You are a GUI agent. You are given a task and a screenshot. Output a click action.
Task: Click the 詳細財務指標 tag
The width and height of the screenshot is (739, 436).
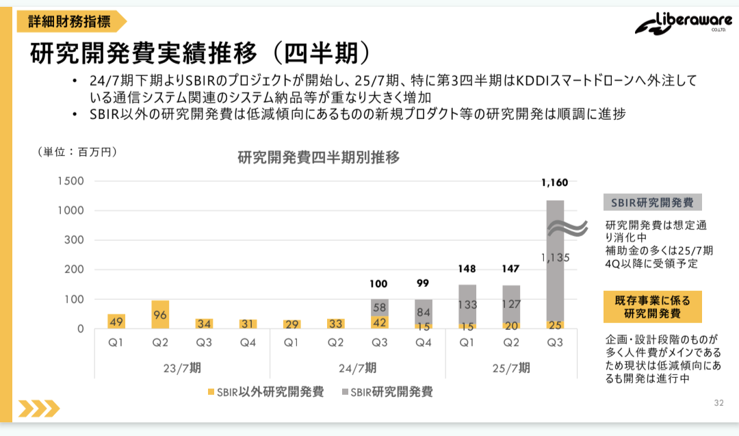(x=69, y=21)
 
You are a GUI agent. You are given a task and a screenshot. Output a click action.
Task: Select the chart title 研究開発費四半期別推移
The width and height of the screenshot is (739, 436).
(x=318, y=157)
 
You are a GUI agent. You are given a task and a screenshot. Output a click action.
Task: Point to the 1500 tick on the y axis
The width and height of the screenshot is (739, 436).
(x=71, y=181)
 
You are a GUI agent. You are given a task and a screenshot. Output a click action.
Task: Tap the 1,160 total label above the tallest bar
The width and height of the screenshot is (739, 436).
(x=554, y=183)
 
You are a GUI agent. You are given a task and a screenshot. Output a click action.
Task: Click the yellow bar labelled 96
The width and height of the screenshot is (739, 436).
(x=160, y=315)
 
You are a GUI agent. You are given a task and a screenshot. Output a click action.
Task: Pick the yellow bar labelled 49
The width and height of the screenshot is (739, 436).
(x=116, y=321)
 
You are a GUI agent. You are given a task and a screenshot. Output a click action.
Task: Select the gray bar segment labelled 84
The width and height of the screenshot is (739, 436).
(x=424, y=311)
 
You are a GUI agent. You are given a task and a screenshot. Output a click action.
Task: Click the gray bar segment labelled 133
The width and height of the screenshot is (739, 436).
(x=467, y=304)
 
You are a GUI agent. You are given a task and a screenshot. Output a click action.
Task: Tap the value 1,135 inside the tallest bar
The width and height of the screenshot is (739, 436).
(x=554, y=258)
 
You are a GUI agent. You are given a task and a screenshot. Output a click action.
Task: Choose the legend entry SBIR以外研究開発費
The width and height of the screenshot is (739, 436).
(x=265, y=392)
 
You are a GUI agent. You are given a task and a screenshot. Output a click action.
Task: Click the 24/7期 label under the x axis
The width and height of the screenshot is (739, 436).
(x=357, y=368)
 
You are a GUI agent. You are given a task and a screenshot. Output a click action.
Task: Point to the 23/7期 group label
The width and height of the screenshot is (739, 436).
(x=182, y=368)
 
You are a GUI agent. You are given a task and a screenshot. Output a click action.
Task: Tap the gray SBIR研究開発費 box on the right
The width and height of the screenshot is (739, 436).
(x=652, y=203)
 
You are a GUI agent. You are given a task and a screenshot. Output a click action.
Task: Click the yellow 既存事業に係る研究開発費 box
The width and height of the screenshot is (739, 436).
(x=652, y=307)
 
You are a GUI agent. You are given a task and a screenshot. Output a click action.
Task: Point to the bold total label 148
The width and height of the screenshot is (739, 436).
(x=467, y=268)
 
